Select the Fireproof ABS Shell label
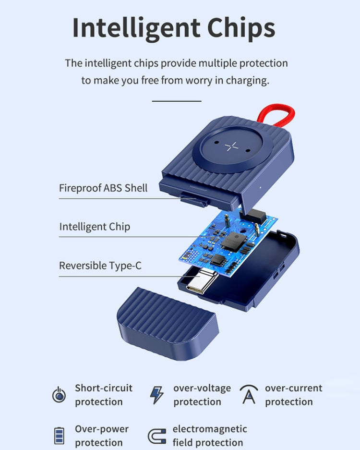click(103, 188)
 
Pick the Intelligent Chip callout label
click(95, 226)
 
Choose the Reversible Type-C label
click(100, 266)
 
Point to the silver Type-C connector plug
click(200, 282)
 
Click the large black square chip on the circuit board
click(231, 241)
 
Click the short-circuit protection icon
click(59, 395)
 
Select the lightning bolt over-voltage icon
click(156, 395)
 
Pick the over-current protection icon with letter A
click(249, 394)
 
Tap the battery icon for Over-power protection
click(59, 436)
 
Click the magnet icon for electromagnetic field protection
click(156, 436)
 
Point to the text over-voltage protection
click(202, 395)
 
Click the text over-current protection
click(293, 395)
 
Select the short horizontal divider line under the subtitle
click(177, 101)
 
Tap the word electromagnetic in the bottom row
click(210, 429)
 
